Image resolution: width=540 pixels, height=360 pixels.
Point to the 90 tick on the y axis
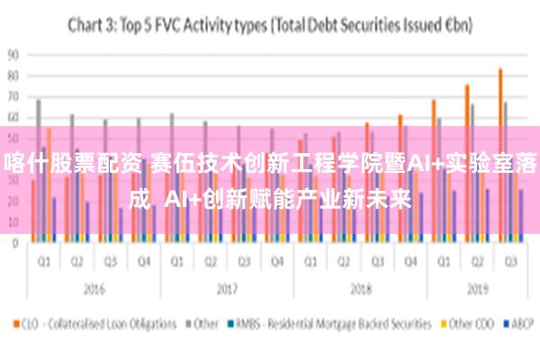pyautogui.click(x=13, y=54)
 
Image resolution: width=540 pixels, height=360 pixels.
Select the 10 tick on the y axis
pyautogui.click(x=13, y=221)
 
